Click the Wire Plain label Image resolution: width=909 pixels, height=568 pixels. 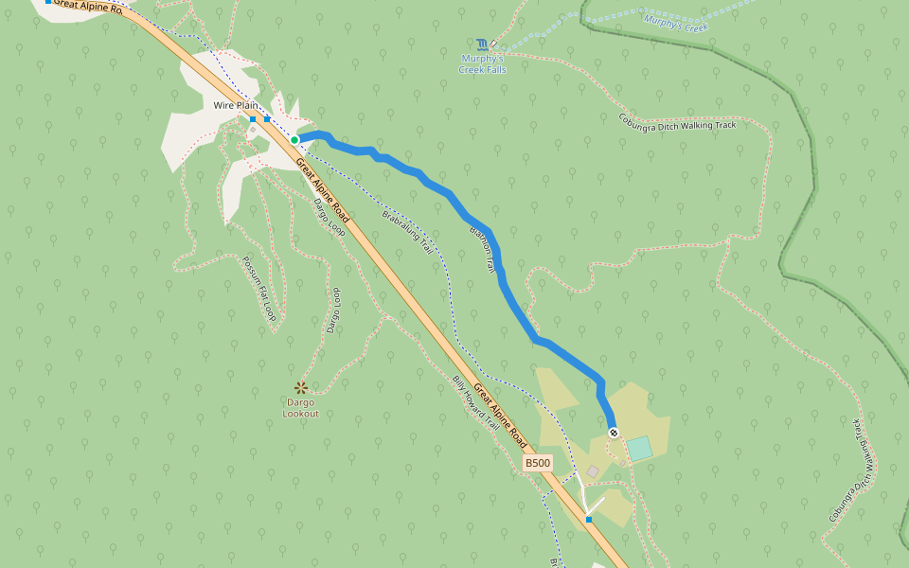click(x=236, y=105)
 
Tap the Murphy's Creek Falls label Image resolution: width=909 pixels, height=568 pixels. click(x=483, y=64)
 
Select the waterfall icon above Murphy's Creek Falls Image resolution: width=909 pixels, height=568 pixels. click(x=483, y=44)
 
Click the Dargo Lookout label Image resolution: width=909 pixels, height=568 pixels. click(x=300, y=408)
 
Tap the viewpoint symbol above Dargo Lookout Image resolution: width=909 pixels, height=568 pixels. click(x=301, y=387)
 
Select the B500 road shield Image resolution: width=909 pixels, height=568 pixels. click(x=538, y=463)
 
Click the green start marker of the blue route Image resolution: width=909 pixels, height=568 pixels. click(x=294, y=140)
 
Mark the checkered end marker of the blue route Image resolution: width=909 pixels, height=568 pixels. click(x=614, y=433)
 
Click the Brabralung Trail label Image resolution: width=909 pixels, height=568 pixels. click(x=407, y=232)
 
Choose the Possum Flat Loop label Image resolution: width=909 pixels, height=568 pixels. click(x=258, y=289)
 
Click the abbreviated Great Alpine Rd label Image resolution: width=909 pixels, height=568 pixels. click(x=88, y=7)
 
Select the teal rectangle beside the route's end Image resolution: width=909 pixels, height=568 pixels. click(x=640, y=449)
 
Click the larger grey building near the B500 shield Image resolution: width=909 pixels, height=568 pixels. click(x=593, y=470)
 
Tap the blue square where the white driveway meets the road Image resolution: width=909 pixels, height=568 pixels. click(x=589, y=519)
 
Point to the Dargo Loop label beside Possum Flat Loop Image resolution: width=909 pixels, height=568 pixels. click(x=332, y=310)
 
